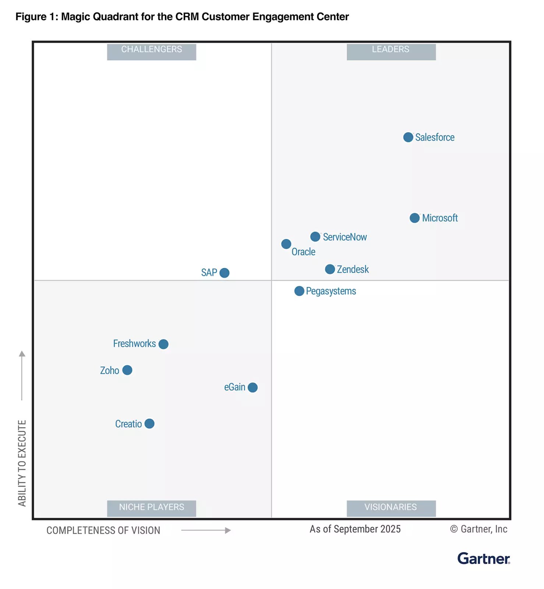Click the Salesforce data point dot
[x=408, y=137]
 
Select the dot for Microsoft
[x=414, y=218]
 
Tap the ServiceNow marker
[x=315, y=237]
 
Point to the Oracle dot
[x=286, y=244]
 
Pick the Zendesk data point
[x=330, y=269]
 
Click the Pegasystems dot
[x=299, y=291]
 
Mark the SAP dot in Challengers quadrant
[x=224, y=273]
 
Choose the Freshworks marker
[x=163, y=344]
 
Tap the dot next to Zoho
[x=127, y=370]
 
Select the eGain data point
[x=252, y=387]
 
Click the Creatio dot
[x=149, y=424]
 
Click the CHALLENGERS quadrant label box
[x=152, y=51]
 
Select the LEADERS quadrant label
[x=391, y=51]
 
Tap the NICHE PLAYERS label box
[x=152, y=508]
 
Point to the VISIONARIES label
[x=391, y=508]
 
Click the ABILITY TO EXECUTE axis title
[x=22, y=463]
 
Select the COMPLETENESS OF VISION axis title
[x=103, y=530]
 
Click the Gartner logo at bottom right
[x=483, y=558]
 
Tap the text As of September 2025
[x=355, y=529]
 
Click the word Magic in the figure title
[x=76, y=17]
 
